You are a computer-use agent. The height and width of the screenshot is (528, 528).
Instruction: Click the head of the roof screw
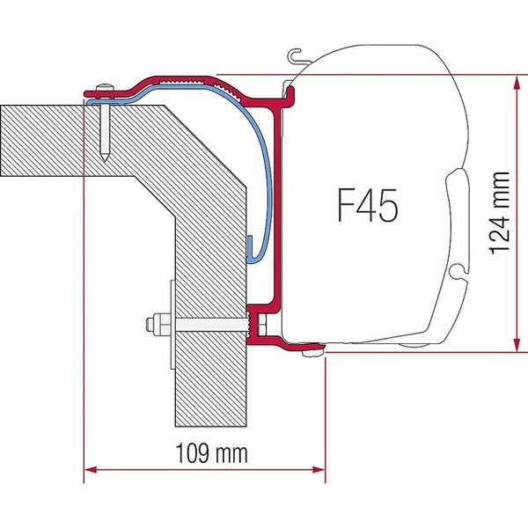coord(104,85)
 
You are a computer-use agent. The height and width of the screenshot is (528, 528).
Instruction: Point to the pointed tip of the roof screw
coord(105,159)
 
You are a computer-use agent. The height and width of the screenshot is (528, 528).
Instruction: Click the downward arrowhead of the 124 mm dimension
coord(513,343)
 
